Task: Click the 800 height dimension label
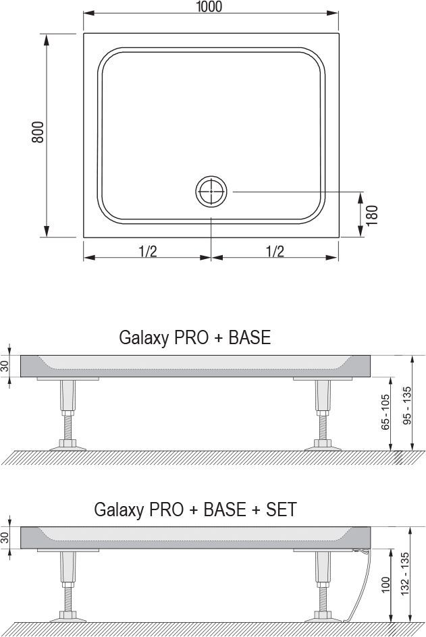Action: point(38,132)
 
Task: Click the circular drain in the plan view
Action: point(211,192)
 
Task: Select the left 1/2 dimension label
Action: point(148,252)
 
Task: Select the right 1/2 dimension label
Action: point(275,252)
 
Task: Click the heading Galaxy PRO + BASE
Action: point(194,337)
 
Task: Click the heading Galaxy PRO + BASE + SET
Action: point(195,509)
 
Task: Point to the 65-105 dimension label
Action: point(385,412)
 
